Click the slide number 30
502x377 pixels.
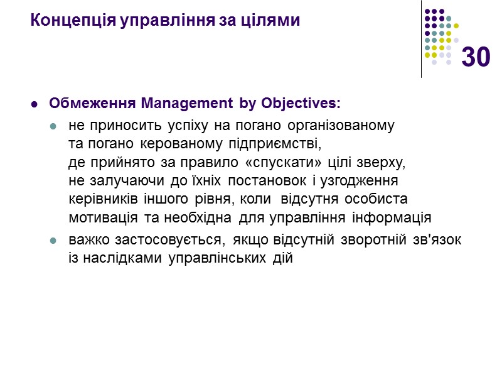(x=475, y=58)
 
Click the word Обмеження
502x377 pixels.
(x=93, y=102)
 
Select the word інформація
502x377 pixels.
(x=392, y=218)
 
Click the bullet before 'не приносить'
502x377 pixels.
(x=54, y=127)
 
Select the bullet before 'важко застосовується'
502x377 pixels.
(x=54, y=241)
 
